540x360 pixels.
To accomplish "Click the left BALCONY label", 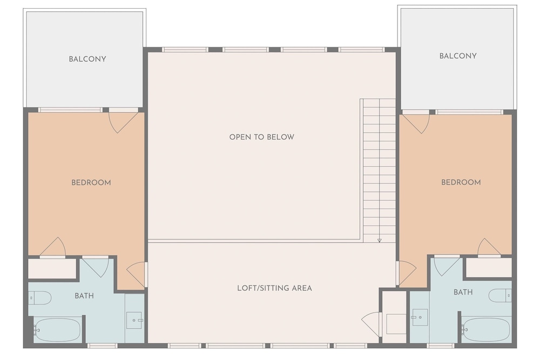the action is (87, 59).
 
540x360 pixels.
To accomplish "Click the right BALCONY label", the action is (458, 56).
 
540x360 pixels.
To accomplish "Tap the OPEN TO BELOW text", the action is (262, 137).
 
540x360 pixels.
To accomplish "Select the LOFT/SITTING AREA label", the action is (274, 288).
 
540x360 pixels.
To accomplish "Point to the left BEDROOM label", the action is (91, 182).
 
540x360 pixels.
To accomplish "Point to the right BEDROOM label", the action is (461, 182).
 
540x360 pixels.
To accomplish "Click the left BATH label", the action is (84, 296).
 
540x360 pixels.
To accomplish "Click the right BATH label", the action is (463, 292).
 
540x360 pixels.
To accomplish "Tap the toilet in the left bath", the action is (40, 298).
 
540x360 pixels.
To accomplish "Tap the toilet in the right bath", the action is (500, 295).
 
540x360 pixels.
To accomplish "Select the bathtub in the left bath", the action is (57, 330).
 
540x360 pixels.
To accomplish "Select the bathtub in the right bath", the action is (486, 329).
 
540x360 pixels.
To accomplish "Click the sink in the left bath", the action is (134, 321).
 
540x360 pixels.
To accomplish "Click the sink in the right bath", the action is (420, 317).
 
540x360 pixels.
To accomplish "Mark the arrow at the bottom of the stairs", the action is (379, 240).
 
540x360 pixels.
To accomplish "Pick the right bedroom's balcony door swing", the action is (416, 124).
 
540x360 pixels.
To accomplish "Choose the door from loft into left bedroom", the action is (136, 274).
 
